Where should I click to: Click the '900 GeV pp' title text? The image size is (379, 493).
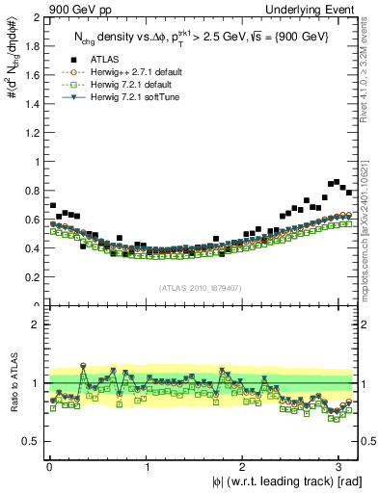pos(78,9)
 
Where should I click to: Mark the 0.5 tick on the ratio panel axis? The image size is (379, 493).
pos(35,442)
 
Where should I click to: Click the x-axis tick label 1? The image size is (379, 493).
pos(147,468)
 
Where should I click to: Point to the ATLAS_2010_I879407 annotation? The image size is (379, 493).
pos(201,287)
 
